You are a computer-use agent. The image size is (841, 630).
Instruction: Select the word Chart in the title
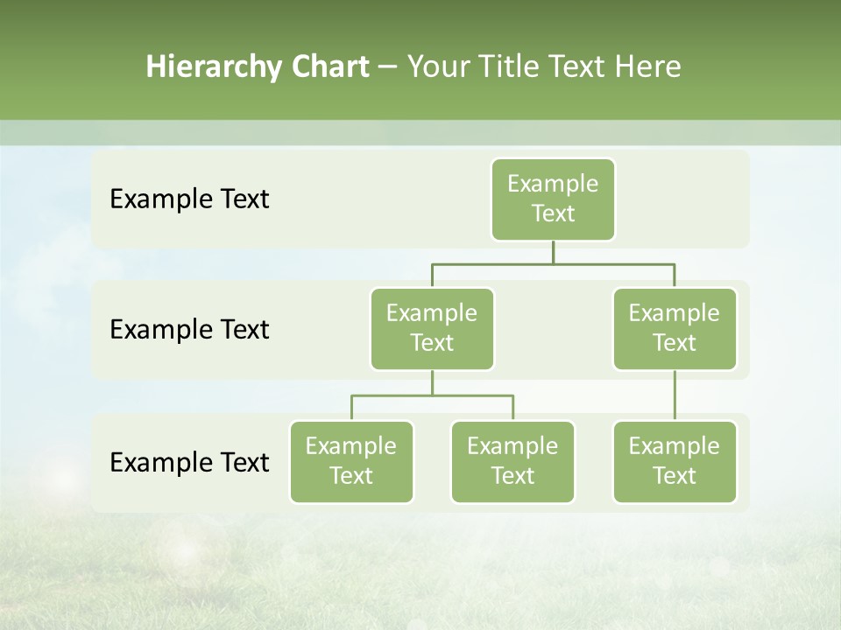click(329, 66)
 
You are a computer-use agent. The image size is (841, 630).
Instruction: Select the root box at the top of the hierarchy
click(553, 199)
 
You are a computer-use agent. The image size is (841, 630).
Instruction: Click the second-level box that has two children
click(432, 329)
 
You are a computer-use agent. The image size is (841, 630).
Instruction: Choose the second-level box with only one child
click(675, 329)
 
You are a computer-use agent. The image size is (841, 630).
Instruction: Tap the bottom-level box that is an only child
click(675, 462)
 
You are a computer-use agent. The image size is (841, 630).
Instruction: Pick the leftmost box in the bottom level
click(351, 462)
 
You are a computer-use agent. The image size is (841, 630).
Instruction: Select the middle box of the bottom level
click(512, 462)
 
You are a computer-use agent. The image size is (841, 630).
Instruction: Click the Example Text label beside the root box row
click(189, 199)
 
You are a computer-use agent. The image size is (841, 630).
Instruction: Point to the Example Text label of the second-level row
click(189, 330)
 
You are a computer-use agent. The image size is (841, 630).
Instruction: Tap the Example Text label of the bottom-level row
click(189, 462)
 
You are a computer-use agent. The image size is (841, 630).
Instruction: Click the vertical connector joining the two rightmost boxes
click(675, 395)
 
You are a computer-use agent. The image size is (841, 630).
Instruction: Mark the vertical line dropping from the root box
click(553, 252)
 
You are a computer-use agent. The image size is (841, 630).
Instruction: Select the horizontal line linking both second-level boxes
click(553, 263)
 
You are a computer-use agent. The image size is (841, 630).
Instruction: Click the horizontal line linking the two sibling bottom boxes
click(432, 395)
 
